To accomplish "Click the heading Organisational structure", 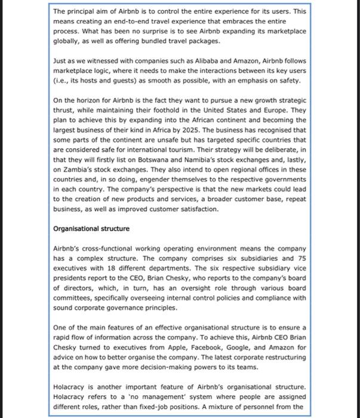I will click(91, 228).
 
